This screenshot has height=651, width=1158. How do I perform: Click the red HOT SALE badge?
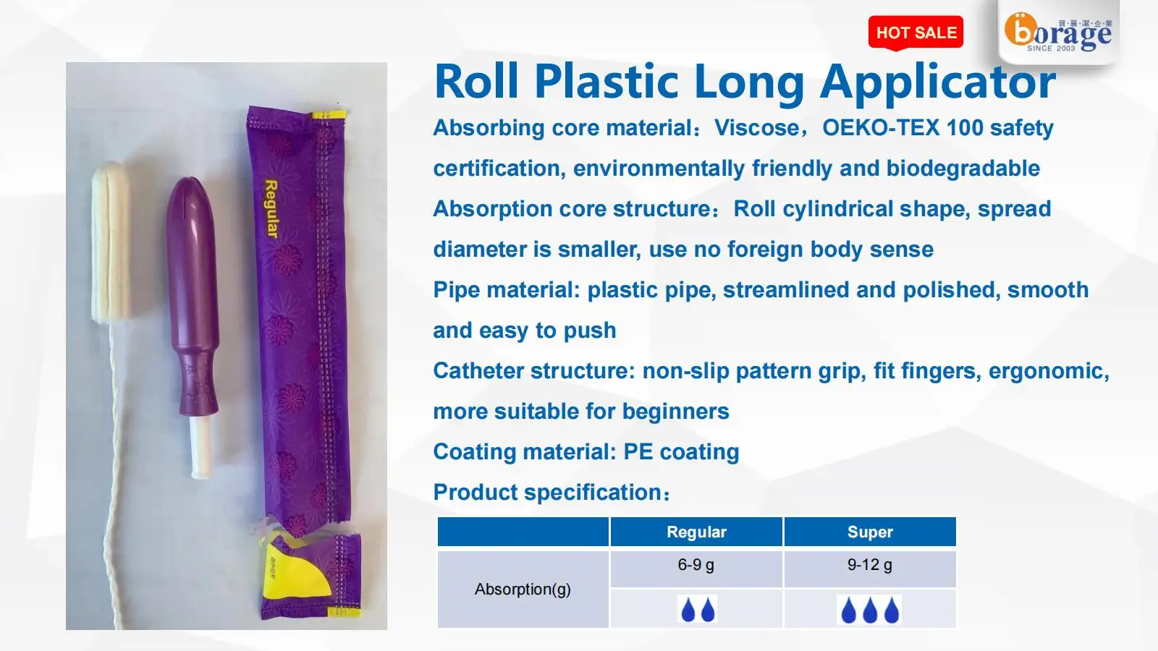click(916, 33)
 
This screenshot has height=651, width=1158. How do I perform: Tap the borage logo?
click(1057, 33)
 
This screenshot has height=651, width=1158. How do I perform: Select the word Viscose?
click(757, 128)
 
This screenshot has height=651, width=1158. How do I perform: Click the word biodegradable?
click(963, 169)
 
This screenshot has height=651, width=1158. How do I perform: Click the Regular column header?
click(696, 532)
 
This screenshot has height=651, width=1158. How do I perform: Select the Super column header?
click(870, 532)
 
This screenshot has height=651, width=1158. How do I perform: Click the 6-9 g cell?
click(696, 565)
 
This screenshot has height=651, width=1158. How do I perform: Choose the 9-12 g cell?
click(870, 565)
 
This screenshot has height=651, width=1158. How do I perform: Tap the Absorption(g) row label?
click(523, 590)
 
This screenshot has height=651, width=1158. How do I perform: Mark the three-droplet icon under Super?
click(869, 610)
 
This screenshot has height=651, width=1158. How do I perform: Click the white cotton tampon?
click(110, 242)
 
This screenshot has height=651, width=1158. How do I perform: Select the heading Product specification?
click(551, 493)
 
